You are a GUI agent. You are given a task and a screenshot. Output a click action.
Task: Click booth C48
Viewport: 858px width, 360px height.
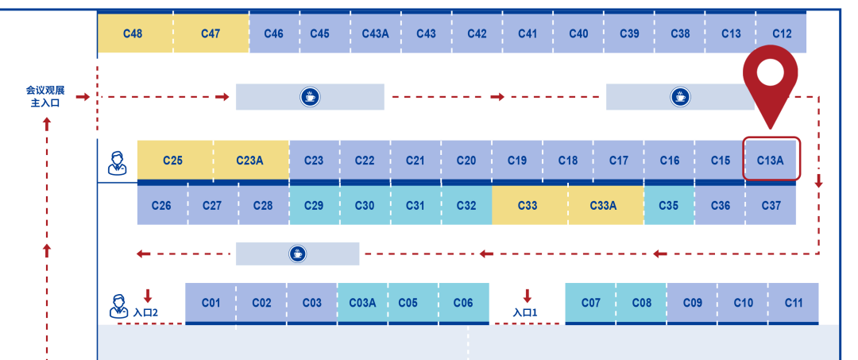pyautogui.click(x=133, y=33)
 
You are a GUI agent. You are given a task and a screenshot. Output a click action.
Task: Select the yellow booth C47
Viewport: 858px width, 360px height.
pyautogui.click(x=211, y=33)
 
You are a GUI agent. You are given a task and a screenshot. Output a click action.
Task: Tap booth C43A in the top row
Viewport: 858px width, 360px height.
pyautogui.click(x=376, y=33)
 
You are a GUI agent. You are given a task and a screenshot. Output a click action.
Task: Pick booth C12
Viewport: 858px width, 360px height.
pyautogui.click(x=782, y=33)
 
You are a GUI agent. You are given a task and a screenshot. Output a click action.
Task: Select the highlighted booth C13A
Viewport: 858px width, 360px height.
pyautogui.click(x=771, y=160)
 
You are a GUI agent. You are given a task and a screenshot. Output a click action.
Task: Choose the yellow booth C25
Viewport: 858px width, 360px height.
pyautogui.click(x=173, y=160)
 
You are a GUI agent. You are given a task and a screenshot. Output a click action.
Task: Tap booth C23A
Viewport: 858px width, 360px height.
pyautogui.click(x=249, y=160)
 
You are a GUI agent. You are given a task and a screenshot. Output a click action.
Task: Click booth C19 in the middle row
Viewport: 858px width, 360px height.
pyautogui.click(x=516, y=160)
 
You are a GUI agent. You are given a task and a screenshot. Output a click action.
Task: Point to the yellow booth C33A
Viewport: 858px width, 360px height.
pyautogui.click(x=604, y=205)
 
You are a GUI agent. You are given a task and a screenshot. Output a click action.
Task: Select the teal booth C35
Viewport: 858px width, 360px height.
pyautogui.click(x=669, y=205)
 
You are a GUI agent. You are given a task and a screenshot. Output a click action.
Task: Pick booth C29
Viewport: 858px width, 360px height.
pyautogui.click(x=314, y=205)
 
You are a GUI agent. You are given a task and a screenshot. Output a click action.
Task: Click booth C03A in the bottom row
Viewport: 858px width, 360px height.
pyautogui.click(x=363, y=303)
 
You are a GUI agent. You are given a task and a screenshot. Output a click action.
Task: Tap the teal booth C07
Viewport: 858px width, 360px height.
pyautogui.click(x=591, y=303)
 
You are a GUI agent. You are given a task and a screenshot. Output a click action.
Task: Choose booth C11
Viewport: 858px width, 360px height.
pyautogui.click(x=794, y=303)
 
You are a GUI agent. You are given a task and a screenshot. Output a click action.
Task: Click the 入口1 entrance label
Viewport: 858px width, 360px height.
pyautogui.click(x=526, y=312)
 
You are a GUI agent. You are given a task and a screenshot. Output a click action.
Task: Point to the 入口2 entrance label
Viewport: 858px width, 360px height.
pyautogui.click(x=146, y=312)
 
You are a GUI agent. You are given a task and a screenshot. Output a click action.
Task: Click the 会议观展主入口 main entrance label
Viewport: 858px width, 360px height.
pyautogui.click(x=46, y=96)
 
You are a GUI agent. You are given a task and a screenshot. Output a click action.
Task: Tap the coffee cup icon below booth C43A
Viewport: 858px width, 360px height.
pyautogui.click(x=310, y=97)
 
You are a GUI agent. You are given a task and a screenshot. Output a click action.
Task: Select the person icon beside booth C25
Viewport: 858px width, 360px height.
pyautogui.click(x=117, y=161)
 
